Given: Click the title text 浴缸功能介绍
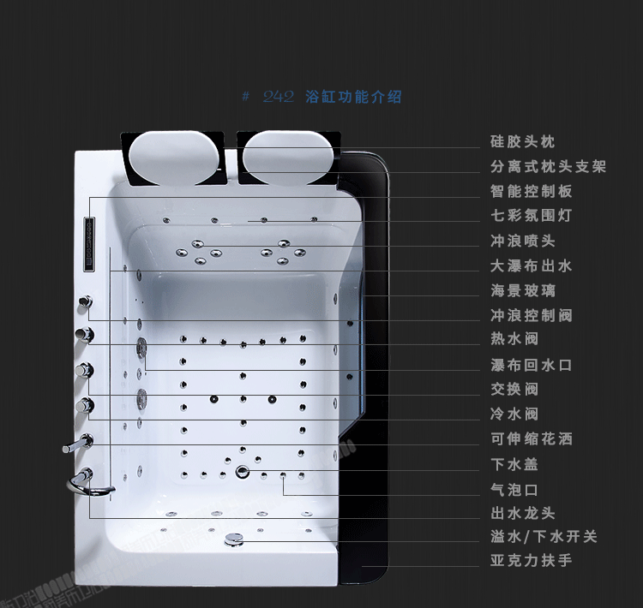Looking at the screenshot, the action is [353, 97].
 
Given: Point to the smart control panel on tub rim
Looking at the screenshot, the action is [87, 244].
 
